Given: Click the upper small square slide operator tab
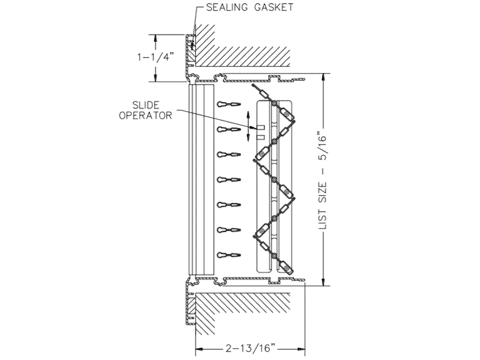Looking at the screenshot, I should point(261,127).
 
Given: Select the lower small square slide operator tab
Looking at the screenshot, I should point(261,137).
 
